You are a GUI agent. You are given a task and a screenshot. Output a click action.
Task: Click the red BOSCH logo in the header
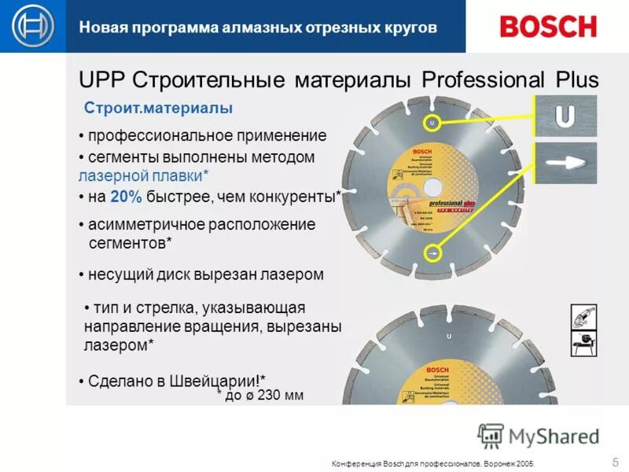coord(548,26)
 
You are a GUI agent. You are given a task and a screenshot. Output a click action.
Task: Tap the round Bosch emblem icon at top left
coord(32,27)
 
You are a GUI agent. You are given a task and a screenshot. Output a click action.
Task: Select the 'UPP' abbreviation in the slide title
coord(101,79)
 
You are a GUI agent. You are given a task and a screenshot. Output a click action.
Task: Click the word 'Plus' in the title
coord(572,79)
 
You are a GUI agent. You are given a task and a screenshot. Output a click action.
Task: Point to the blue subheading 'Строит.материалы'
coord(158,107)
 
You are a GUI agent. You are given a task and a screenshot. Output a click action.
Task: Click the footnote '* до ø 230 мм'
coord(260,395)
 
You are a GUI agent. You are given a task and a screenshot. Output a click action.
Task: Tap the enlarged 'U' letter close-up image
coord(565,116)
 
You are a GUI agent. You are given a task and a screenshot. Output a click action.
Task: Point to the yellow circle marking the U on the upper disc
coord(431,124)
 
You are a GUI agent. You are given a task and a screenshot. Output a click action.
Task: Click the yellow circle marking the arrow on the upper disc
coord(432,253)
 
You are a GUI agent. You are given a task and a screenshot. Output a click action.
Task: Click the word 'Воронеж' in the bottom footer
coord(497,463)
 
